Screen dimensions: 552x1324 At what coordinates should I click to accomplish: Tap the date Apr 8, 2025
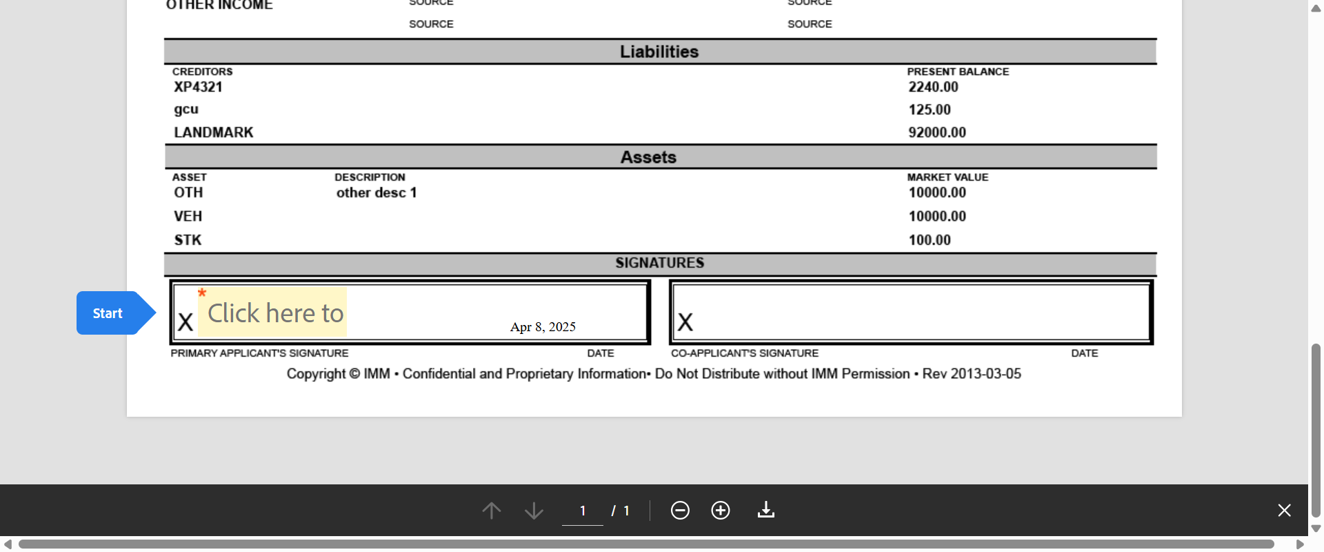pos(543,327)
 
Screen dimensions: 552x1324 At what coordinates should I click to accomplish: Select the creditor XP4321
pos(198,87)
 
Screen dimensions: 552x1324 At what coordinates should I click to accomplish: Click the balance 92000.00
pos(936,132)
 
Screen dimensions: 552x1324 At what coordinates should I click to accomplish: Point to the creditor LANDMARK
pos(213,132)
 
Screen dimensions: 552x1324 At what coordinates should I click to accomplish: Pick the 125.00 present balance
pos(929,110)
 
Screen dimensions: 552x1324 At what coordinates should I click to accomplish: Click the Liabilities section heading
pos(659,52)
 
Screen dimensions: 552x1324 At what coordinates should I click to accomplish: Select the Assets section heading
pos(648,157)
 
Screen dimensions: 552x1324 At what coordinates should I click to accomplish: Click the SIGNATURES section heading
pos(659,263)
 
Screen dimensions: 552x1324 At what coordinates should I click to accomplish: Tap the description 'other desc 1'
pos(377,193)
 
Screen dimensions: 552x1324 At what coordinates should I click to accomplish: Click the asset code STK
pos(188,240)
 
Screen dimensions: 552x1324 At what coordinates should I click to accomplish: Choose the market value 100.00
pos(929,240)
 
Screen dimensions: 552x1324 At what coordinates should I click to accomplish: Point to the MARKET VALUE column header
pos(947,177)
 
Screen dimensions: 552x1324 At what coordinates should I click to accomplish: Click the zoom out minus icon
pos(680,511)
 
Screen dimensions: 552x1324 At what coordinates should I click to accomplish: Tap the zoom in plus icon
pos(721,511)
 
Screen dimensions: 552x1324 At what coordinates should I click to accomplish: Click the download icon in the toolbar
pos(766,510)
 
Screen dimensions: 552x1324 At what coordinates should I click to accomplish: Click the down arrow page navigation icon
pos(534,511)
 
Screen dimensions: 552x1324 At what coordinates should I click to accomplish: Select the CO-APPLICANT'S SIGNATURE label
pos(745,353)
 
